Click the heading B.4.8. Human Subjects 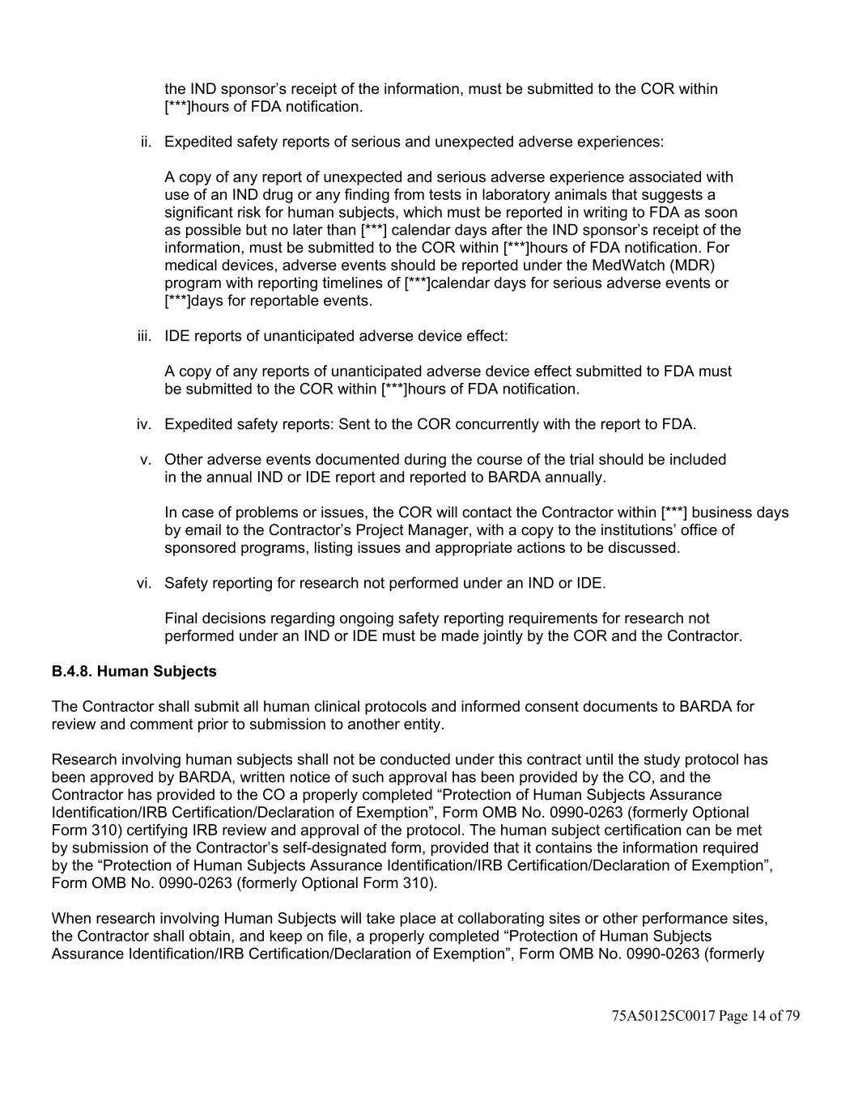[x=134, y=671]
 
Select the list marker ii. [x=146, y=142]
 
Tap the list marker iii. [x=144, y=336]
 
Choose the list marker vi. [x=143, y=583]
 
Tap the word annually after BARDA [x=576, y=477]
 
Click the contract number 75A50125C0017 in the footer [x=664, y=1016]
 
